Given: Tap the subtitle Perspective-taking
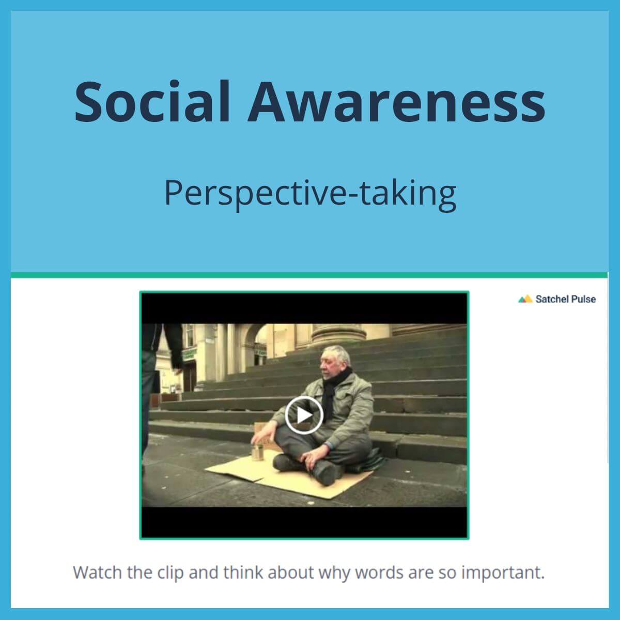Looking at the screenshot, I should tap(310, 192).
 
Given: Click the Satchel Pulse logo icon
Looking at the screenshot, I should tap(525, 299).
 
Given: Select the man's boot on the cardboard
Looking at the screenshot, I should tap(324, 471).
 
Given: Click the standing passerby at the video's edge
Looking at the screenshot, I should tap(158, 382).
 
